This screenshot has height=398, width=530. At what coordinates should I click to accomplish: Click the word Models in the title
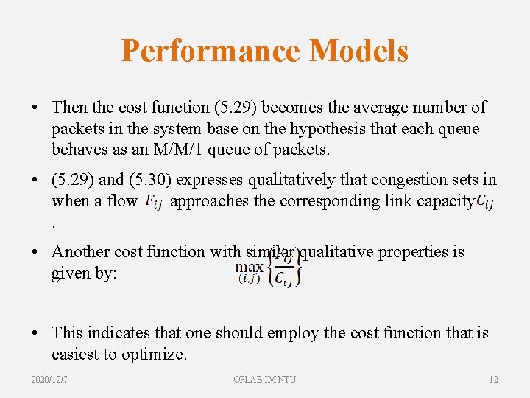[x=359, y=51]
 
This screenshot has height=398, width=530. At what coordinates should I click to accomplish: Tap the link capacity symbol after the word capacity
[x=484, y=201]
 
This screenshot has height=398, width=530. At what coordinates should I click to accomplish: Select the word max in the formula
[x=249, y=266]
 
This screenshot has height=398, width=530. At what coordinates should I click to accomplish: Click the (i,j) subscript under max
[x=249, y=278]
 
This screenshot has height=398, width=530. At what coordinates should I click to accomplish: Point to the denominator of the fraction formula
[x=283, y=278]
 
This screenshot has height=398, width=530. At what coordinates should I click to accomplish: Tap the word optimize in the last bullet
[x=152, y=355]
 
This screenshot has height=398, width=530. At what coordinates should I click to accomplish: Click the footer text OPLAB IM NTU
[x=264, y=379]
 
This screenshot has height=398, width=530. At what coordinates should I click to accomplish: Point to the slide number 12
[x=493, y=379]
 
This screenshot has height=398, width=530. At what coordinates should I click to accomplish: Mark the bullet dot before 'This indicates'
[x=36, y=334]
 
